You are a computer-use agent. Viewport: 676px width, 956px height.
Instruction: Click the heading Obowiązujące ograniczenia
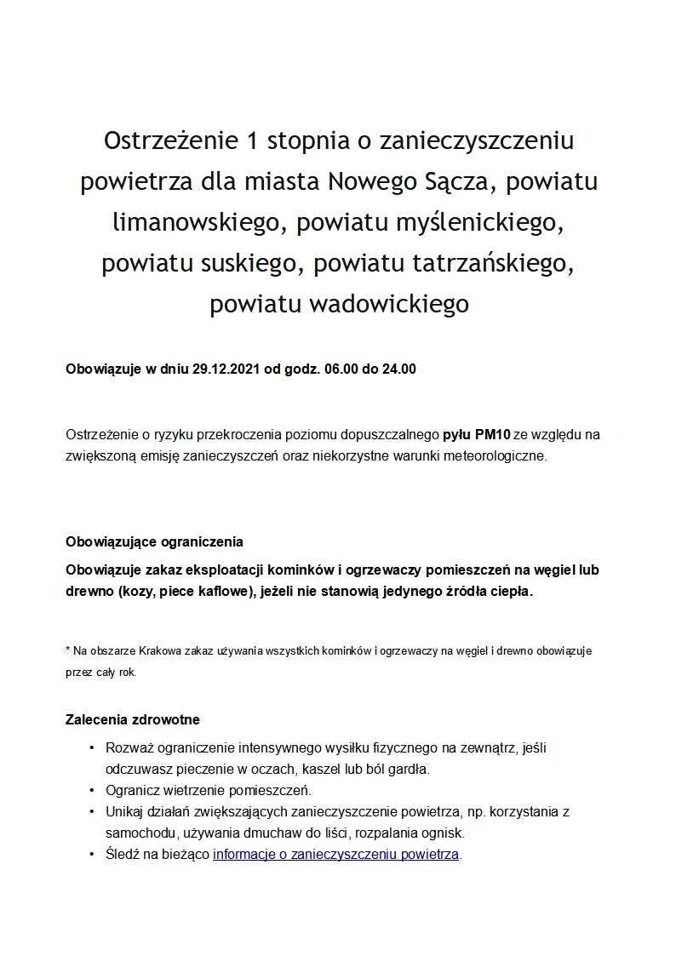(x=154, y=541)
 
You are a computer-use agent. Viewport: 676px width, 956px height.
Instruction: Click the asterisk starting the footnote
(x=68, y=650)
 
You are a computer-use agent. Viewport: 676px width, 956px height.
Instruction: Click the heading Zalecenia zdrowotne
(x=133, y=719)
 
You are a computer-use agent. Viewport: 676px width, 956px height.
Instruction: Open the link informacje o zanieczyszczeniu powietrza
(x=335, y=854)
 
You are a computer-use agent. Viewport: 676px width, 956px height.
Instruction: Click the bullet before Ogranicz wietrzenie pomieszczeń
(x=91, y=790)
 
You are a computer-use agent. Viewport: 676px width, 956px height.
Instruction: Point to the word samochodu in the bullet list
(x=136, y=833)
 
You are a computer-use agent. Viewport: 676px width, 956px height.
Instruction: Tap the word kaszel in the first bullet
(x=325, y=769)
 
